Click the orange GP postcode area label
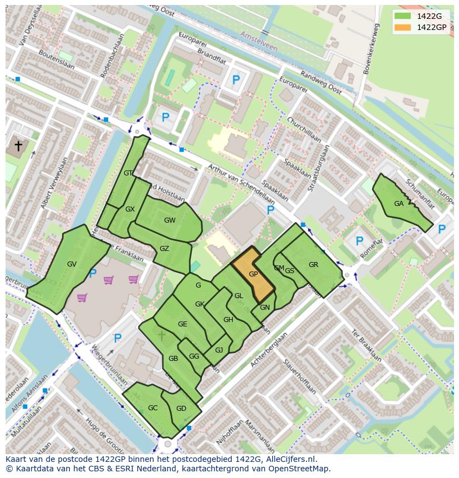point(253,274)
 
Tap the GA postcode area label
point(399,204)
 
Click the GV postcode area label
point(72,264)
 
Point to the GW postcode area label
point(170,220)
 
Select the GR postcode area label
point(313,265)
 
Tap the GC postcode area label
point(153,408)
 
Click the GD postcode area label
point(181,409)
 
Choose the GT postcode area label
point(128,173)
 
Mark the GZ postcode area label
point(164,249)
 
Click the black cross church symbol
point(18,146)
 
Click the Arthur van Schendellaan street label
point(241,184)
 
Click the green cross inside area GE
point(161,335)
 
